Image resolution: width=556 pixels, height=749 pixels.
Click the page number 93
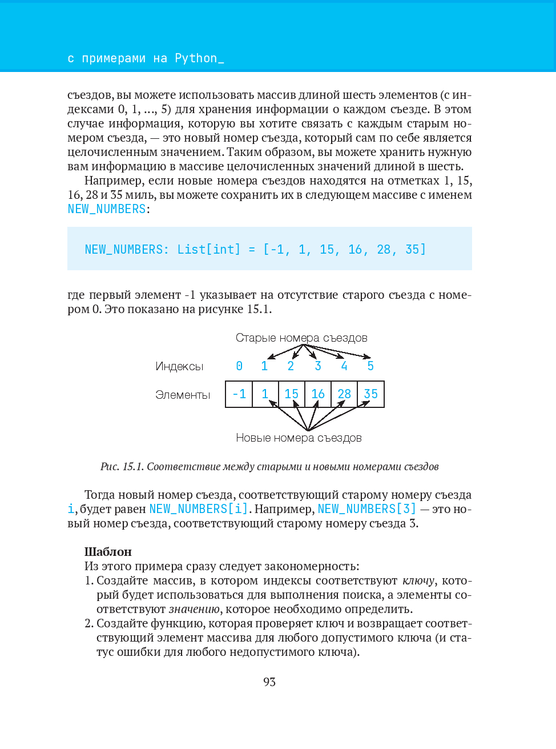click(x=269, y=682)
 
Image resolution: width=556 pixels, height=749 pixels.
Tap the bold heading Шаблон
click(x=108, y=552)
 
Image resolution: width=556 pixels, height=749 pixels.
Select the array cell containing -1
click(x=239, y=394)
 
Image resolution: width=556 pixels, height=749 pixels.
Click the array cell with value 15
click(x=291, y=394)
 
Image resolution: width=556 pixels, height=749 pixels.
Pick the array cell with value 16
click(x=318, y=394)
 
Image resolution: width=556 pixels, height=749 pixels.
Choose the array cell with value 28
click(x=344, y=394)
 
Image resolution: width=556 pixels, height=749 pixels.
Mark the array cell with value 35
click(x=371, y=394)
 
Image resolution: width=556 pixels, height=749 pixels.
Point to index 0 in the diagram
click(x=239, y=366)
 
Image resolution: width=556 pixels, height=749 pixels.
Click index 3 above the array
click(x=318, y=366)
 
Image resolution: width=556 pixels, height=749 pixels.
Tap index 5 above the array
click(x=370, y=366)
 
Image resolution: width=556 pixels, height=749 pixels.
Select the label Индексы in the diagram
click(x=179, y=367)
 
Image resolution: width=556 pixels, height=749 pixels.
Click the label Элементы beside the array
click(x=183, y=395)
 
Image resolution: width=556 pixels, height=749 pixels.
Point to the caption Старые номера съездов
click(x=301, y=338)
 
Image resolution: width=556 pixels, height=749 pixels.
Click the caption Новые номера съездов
click(x=299, y=438)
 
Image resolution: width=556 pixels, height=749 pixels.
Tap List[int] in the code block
click(x=209, y=250)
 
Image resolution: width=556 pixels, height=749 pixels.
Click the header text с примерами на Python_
click(x=146, y=58)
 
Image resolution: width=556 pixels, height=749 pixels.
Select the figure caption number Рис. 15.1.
click(x=122, y=467)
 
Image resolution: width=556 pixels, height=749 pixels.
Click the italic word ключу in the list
click(x=418, y=580)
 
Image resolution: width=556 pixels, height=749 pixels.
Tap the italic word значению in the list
click(x=194, y=609)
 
